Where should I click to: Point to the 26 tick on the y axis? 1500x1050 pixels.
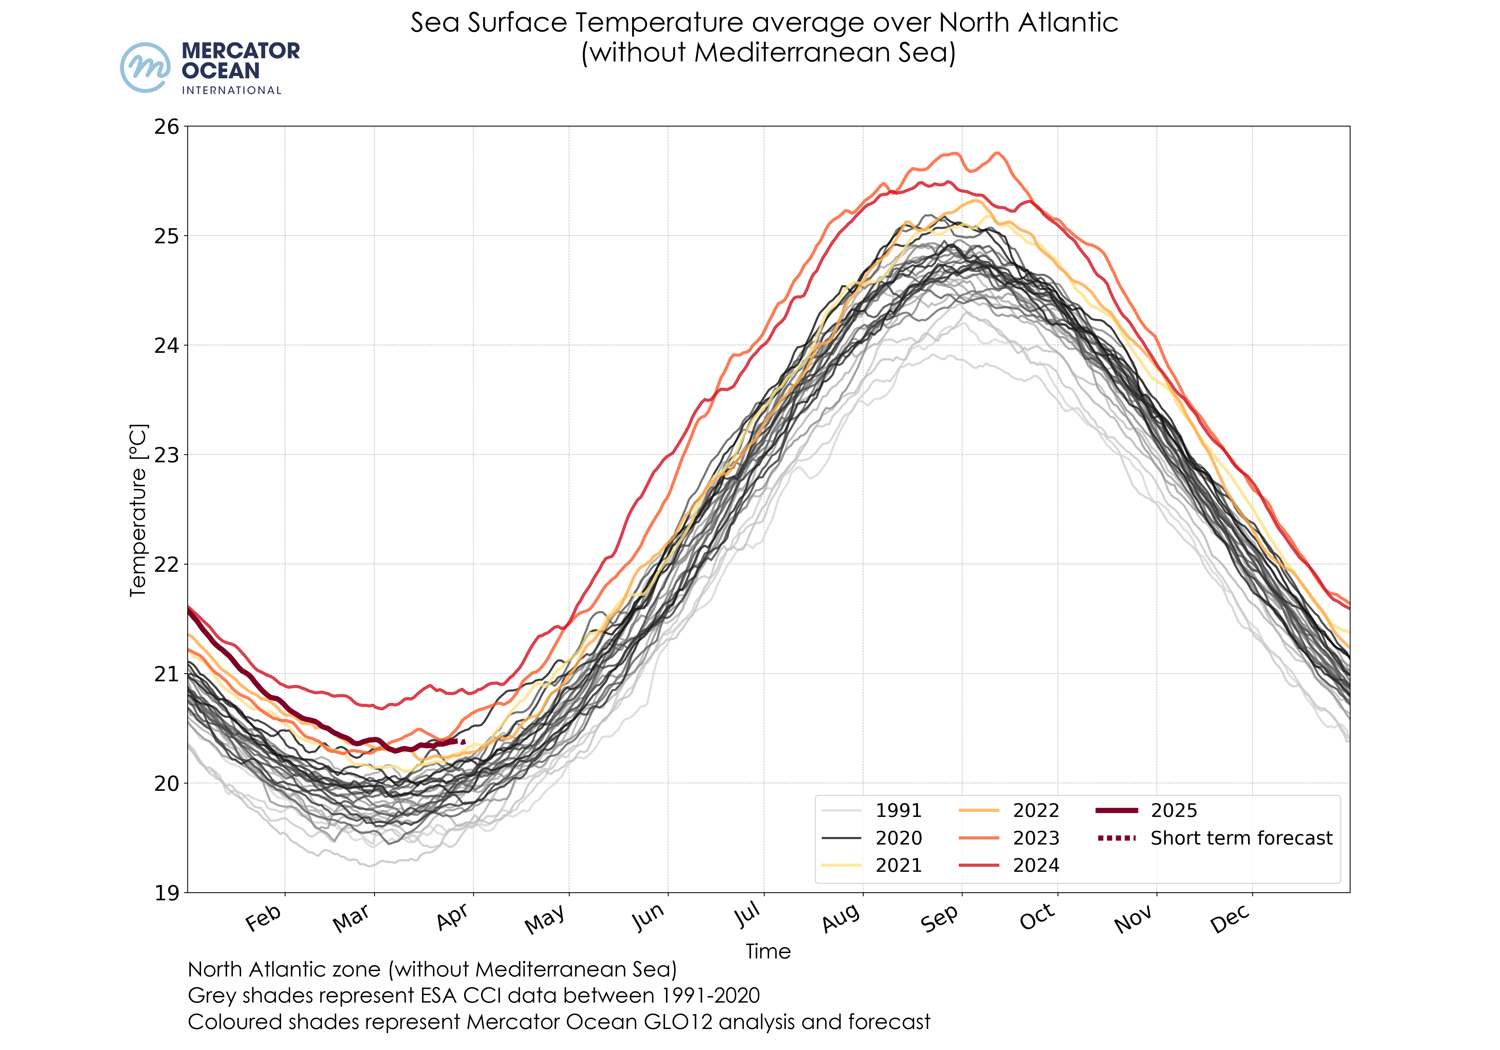coord(166,127)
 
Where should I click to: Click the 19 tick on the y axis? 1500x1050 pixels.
coord(166,892)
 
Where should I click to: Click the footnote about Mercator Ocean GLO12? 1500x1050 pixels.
coord(559,1022)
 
